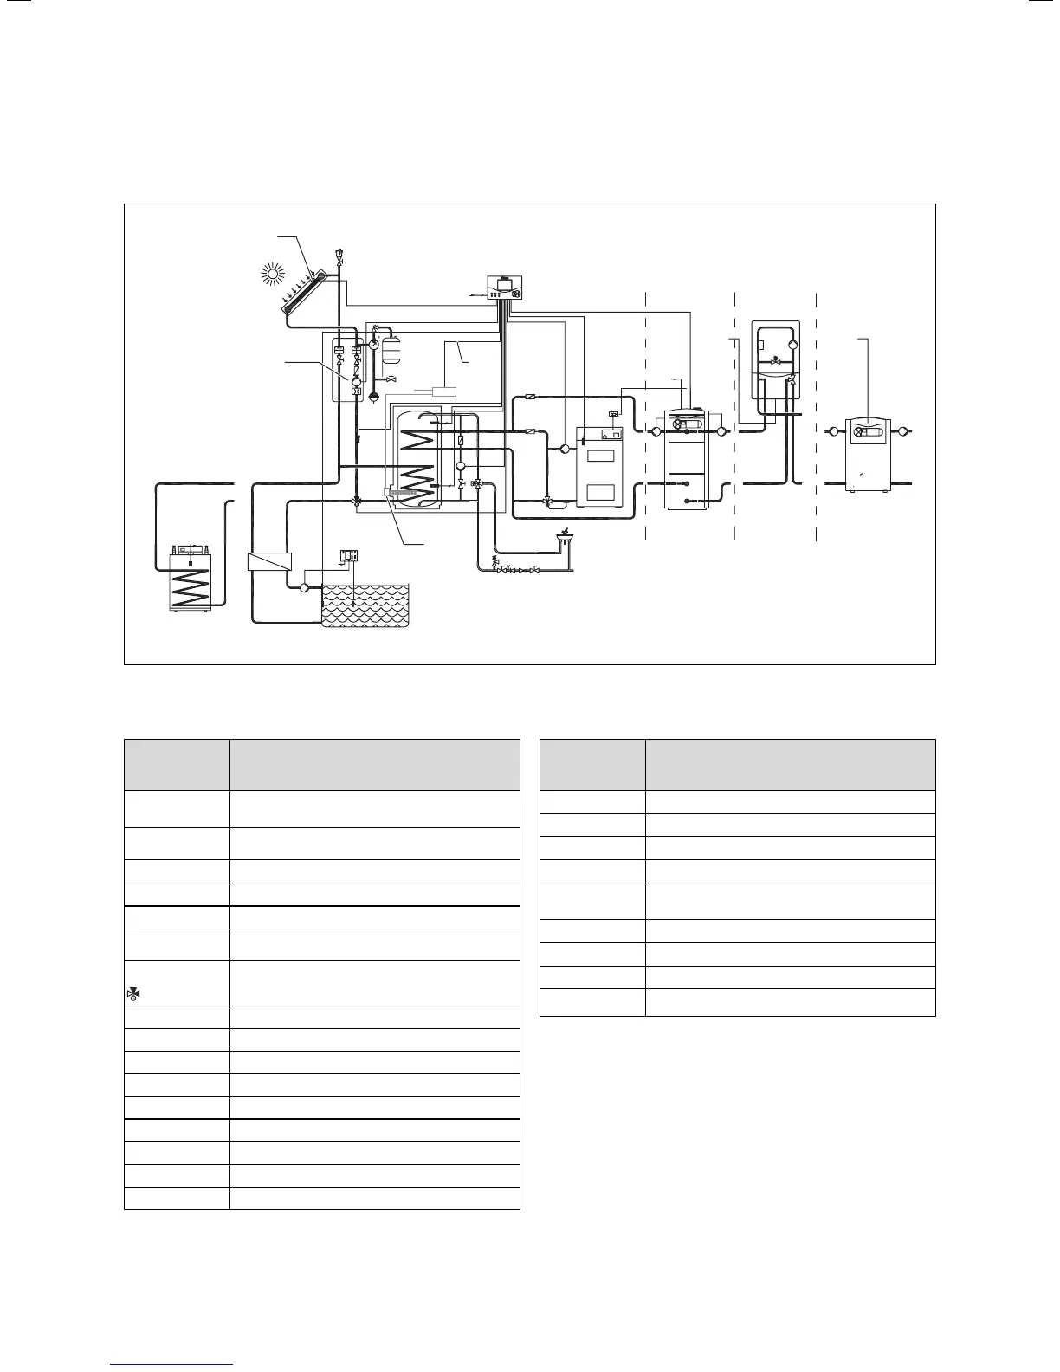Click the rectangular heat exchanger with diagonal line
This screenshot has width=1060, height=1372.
tap(268, 561)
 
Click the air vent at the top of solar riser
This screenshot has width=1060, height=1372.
tap(339, 257)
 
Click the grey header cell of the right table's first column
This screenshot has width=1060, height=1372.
tap(591, 763)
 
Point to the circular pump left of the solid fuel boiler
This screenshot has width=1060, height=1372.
tap(565, 448)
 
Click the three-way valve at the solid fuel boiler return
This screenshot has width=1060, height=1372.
tap(547, 501)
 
